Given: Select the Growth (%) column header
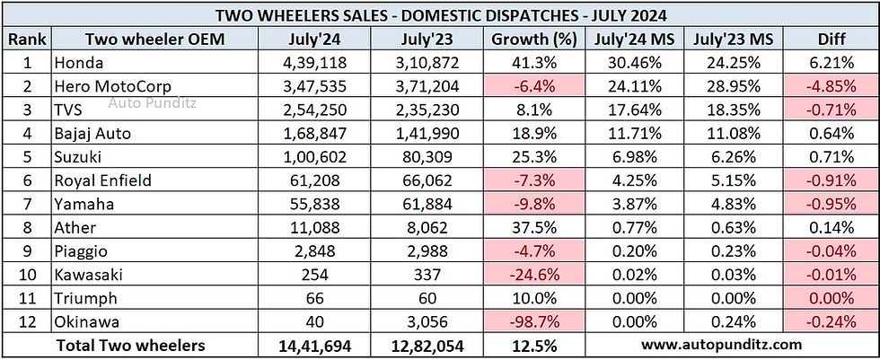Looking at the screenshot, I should click(x=533, y=40).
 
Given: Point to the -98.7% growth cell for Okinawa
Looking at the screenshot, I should click(x=533, y=321).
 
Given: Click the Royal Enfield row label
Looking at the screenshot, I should click(x=101, y=180).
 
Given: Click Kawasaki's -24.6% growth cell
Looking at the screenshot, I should click(x=533, y=275).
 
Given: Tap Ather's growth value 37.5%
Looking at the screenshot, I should click(x=533, y=227).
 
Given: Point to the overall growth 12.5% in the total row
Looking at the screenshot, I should click(x=533, y=345).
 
